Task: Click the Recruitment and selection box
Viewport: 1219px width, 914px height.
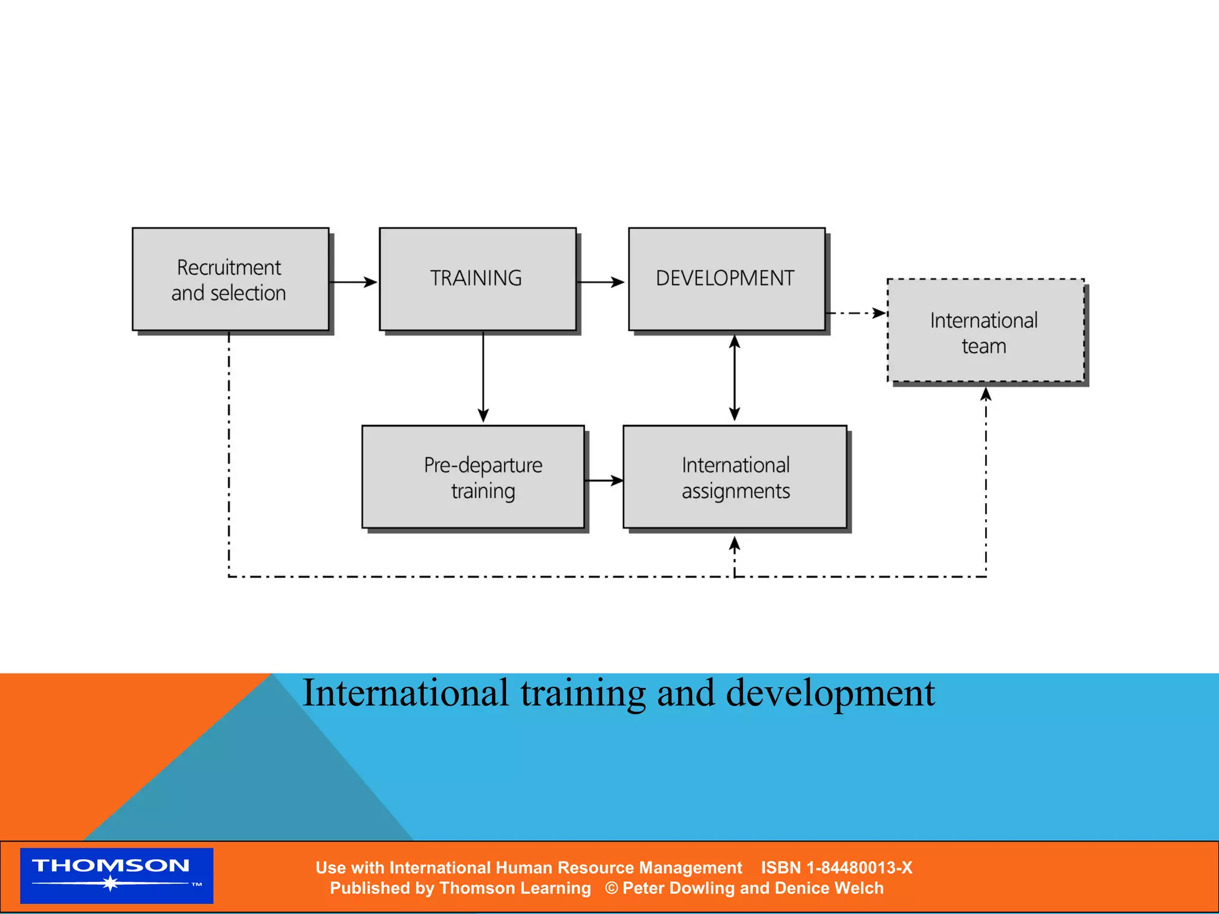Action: point(230,279)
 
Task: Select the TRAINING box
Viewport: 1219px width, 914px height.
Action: point(477,279)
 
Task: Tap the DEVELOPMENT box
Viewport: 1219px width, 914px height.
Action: point(726,279)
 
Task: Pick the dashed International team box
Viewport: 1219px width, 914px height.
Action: point(985,331)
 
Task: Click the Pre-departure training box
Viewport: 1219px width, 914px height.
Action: point(473,477)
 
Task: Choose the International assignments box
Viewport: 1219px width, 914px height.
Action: point(734,477)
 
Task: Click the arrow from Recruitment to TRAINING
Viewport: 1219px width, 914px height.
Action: point(354,282)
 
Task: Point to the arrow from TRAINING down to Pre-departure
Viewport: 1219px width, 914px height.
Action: point(483,378)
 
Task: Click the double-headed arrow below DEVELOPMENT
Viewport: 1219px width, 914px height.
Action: point(734,378)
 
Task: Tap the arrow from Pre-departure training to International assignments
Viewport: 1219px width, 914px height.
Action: point(604,480)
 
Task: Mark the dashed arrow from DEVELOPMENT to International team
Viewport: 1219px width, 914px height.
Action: point(856,313)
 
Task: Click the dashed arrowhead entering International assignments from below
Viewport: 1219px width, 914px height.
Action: point(734,544)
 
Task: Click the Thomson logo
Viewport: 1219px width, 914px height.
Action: point(117,875)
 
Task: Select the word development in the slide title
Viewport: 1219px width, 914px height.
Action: point(830,693)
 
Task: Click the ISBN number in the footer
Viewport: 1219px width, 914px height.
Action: point(836,868)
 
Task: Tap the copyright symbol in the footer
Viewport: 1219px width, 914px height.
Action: point(611,888)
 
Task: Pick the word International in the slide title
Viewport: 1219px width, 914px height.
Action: point(405,693)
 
